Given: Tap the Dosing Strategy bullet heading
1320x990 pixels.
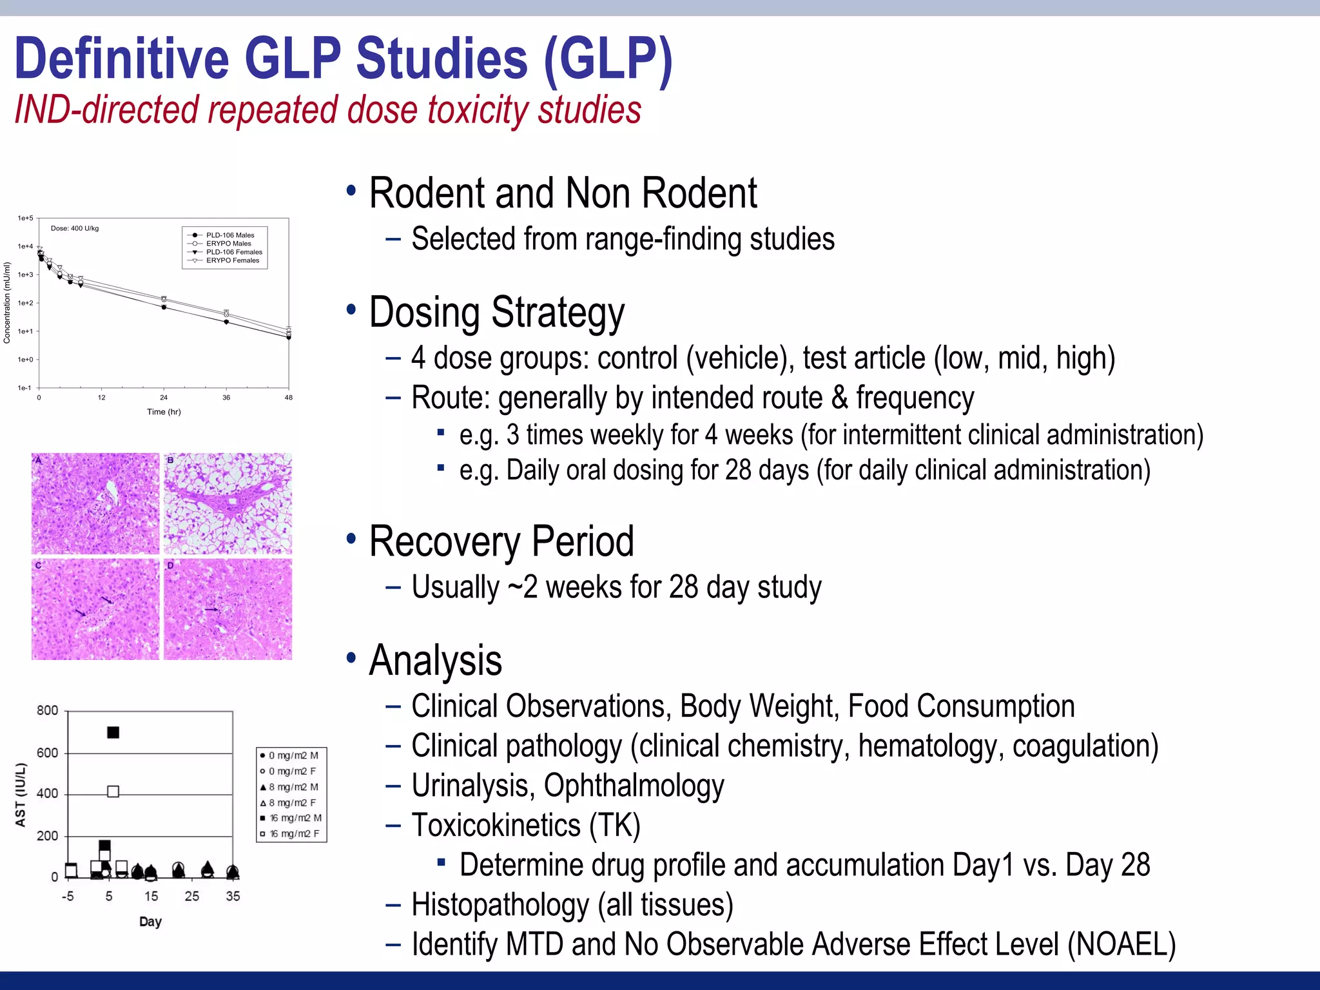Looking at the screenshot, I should pyautogui.click(x=496, y=313).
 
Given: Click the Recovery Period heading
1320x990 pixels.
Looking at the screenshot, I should pyautogui.click(x=501, y=541).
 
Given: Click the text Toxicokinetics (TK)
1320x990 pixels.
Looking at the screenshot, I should pyautogui.click(x=525, y=826).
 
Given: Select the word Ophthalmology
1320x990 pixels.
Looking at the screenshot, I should pyautogui.click(x=634, y=786).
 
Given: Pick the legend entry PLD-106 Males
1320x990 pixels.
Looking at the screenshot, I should pyautogui.click(x=229, y=235).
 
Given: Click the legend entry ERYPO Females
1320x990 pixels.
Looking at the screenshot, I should pyautogui.click(x=232, y=260).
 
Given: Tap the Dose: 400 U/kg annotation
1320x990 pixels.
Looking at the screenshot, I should pyautogui.click(x=75, y=228).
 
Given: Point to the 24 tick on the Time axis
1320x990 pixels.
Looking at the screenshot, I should pyautogui.click(x=164, y=398).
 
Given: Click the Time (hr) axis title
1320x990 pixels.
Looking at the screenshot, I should pyautogui.click(x=164, y=412).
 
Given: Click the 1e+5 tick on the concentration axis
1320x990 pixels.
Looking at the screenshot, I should pyautogui.click(x=25, y=218).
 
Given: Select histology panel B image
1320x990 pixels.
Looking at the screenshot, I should pyautogui.click(x=228, y=503).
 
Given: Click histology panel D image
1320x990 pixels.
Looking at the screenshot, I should pyautogui.click(x=228, y=609).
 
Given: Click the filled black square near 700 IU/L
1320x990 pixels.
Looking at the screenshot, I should pyautogui.click(x=113, y=732).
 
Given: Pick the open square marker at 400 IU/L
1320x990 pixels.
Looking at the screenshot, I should pyautogui.click(x=113, y=791).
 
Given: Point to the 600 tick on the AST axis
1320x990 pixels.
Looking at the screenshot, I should pyautogui.click(x=47, y=753).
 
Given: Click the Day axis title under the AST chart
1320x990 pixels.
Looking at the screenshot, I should pyautogui.click(x=150, y=922).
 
